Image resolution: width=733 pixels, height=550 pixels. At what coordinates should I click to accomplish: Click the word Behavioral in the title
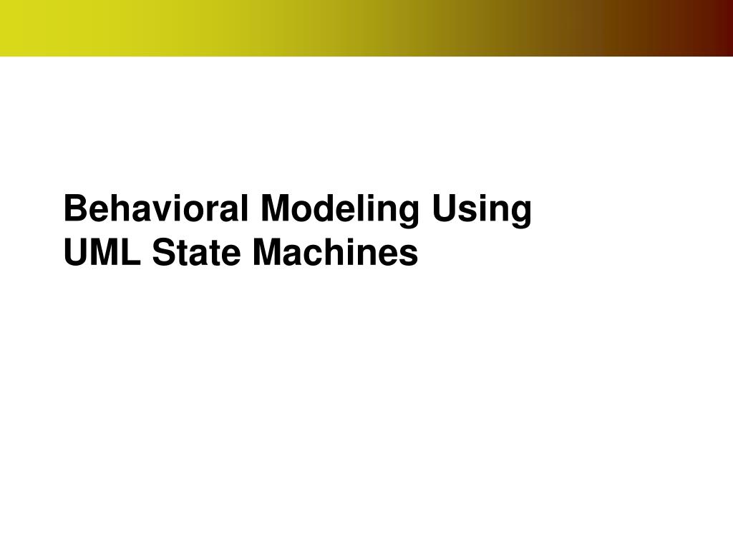coord(157,210)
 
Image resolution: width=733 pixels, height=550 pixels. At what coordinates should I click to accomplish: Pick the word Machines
coord(334,253)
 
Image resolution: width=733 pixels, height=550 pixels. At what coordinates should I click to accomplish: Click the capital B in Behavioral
coord(74,210)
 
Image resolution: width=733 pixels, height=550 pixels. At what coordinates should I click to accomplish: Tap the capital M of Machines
coord(266,253)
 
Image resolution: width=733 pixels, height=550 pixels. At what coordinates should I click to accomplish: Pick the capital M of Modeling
coord(276,210)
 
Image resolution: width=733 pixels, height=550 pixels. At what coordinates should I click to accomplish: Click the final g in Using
coord(522,213)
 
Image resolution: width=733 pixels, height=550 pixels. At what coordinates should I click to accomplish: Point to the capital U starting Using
coord(444,210)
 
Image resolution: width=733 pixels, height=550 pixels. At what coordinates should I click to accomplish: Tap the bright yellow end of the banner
coord(14,27)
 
